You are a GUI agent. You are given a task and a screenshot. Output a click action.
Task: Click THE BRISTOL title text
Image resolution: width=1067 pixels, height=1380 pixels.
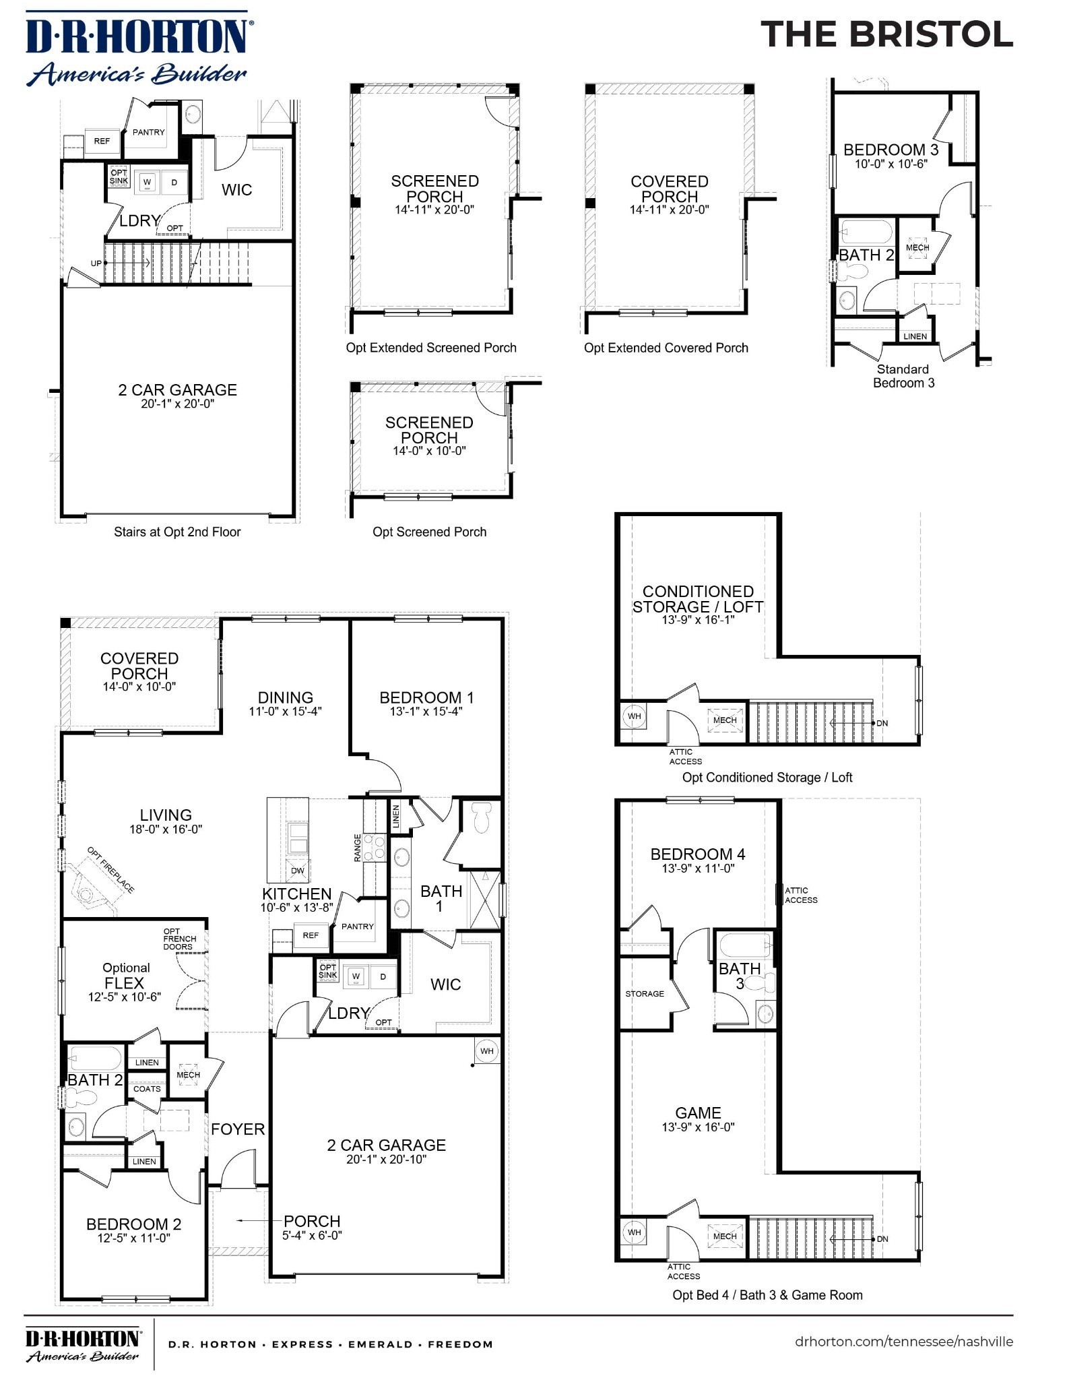pos(886,34)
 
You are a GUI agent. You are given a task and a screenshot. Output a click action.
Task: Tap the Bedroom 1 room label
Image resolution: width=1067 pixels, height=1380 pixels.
pos(426,697)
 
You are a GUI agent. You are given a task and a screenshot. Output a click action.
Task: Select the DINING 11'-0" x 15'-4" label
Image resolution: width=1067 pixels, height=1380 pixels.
pos(286,703)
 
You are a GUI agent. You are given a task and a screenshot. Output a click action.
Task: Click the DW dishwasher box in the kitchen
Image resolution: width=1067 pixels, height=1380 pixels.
pos(297,871)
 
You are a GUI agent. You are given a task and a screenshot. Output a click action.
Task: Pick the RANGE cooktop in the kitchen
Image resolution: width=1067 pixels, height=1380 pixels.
pos(374,848)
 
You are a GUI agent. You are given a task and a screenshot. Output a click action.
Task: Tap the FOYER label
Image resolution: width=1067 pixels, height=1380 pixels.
pos(238,1129)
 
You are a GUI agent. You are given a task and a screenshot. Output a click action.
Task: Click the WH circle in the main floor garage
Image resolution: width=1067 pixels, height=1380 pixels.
pos(487,1050)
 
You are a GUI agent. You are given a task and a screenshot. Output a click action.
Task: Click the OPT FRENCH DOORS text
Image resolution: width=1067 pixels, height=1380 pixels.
pos(180,939)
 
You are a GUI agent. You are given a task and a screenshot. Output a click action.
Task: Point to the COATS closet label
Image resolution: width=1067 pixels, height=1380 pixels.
pos(147,1088)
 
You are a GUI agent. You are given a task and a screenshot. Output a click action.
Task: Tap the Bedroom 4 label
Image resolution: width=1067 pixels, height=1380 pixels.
pos(697,854)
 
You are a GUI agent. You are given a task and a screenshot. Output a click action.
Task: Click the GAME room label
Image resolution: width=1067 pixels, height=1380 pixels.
pos(698,1112)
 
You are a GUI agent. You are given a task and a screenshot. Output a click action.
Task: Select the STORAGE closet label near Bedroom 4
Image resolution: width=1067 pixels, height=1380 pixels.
pos(645,993)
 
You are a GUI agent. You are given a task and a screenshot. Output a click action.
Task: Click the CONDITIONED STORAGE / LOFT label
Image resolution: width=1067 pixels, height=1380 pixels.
pos(698,599)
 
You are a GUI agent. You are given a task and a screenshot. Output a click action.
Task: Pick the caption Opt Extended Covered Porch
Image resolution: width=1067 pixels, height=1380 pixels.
pos(666,348)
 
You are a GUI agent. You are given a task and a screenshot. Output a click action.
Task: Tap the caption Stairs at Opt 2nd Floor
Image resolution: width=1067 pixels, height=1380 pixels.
pos(177,532)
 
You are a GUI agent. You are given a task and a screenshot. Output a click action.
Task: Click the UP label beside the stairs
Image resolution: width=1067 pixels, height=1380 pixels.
pos(96,263)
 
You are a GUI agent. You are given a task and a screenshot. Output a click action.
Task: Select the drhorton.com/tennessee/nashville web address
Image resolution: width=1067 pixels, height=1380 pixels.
pos(903,1341)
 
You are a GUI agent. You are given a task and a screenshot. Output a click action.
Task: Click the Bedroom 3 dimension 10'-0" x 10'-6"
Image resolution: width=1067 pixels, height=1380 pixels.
pos(891,164)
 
